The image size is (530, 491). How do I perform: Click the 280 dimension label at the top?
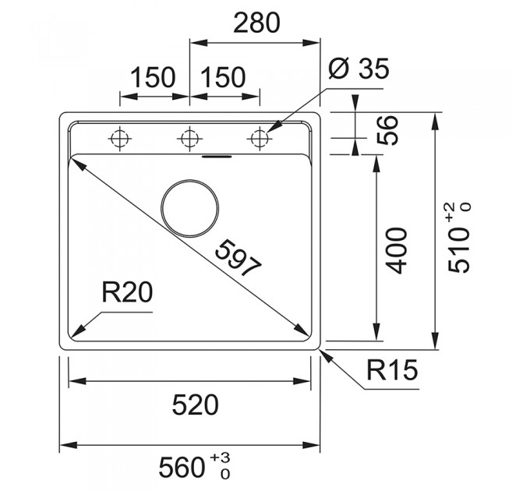256,23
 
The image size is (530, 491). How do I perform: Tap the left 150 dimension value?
153,77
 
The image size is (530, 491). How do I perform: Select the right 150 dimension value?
222,77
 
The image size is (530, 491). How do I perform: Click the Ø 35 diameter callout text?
359,69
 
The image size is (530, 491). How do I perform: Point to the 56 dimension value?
387,130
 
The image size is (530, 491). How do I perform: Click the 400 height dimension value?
397,251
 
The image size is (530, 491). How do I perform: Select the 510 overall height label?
459,250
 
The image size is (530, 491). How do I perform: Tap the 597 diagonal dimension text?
238,258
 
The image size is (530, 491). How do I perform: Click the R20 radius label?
127,292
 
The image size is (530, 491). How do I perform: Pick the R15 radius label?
392,369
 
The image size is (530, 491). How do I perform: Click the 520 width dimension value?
196,404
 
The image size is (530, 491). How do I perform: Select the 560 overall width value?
182,468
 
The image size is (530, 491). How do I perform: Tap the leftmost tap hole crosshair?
120,139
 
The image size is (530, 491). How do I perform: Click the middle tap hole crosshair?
189,139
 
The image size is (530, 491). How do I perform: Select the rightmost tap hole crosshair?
260,139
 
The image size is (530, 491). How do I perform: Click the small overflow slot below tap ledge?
217,157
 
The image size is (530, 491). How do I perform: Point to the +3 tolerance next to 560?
220,458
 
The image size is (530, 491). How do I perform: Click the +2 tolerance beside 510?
454,213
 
